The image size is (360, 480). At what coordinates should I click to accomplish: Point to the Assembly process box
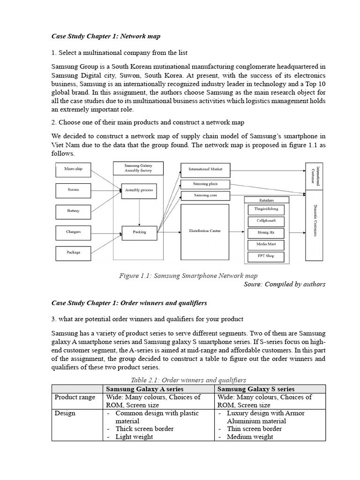pos(139,190)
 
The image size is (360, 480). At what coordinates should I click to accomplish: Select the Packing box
pos(139,232)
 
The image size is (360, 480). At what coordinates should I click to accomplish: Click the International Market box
pos(205,169)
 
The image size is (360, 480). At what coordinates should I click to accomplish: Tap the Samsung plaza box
pos(205,183)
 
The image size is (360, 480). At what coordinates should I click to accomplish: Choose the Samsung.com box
pos(205,195)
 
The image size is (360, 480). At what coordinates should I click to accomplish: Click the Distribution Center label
pos(205,231)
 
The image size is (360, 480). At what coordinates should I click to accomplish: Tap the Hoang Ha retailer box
pos(266,232)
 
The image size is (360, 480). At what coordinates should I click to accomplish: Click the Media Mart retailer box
pos(266,244)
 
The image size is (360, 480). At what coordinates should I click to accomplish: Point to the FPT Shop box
pos(266,256)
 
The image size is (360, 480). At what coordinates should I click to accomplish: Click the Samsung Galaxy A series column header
pos(157,389)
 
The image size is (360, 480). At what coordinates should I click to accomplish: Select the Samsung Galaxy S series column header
pos(270,389)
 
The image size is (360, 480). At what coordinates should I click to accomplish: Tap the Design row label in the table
pos(65,413)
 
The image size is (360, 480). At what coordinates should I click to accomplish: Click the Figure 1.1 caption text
pos(188,276)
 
